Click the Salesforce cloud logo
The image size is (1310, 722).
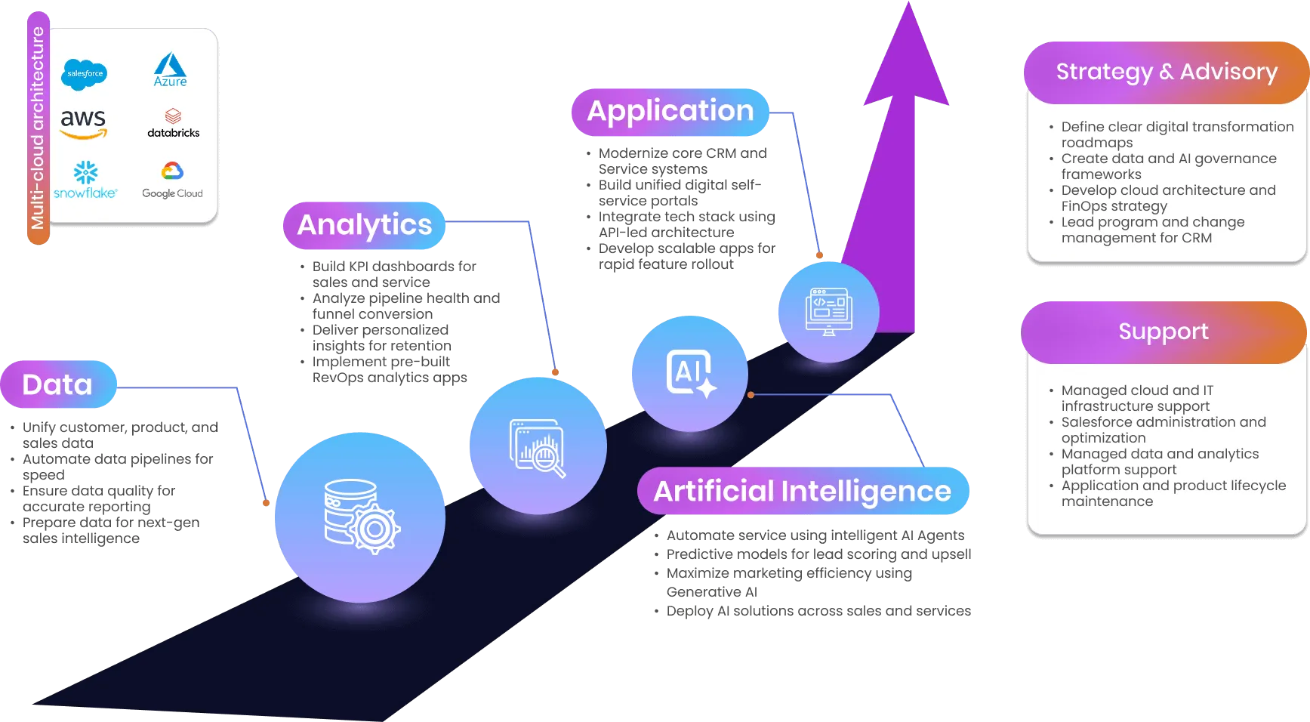[x=84, y=74]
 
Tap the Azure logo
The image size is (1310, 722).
[x=171, y=69]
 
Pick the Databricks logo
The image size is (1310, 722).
[x=173, y=123]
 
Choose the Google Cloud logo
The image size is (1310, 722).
[x=172, y=180]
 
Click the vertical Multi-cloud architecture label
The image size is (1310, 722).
[x=38, y=128]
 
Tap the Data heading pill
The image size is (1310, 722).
[x=58, y=384]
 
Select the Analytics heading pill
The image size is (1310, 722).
[x=364, y=224]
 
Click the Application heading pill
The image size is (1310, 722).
[x=670, y=111]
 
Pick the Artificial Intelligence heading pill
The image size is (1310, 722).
[x=802, y=491]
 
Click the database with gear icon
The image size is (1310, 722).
[x=360, y=517]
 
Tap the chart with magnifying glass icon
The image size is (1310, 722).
[x=538, y=448]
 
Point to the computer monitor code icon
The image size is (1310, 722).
[x=828, y=311]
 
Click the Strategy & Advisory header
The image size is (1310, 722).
[x=1166, y=72]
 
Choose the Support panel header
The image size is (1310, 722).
[x=1163, y=332]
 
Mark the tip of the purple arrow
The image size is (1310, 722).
[x=909, y=5]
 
